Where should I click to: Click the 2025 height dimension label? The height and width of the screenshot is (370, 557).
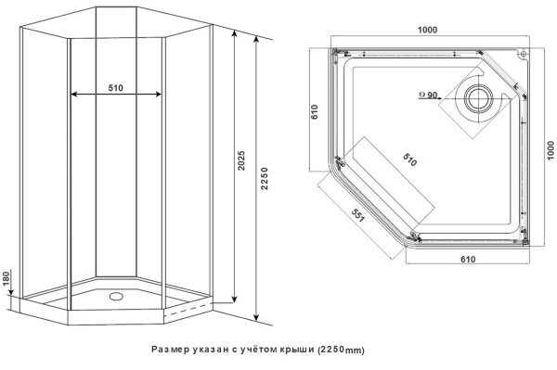[241, 165]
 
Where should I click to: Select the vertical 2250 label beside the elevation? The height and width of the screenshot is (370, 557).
[265, 176]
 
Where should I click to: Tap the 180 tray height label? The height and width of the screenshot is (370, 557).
[6, 279]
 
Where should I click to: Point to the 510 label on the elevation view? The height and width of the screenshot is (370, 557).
[115, 87]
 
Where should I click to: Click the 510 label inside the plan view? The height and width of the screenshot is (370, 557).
[410, 159]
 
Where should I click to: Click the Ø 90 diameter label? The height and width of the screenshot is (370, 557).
[430, 94]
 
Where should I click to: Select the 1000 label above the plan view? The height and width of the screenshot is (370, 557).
[428, 30]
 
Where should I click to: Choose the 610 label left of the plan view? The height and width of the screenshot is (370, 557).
[314, 113]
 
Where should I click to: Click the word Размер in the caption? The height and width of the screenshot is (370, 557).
[170, 350]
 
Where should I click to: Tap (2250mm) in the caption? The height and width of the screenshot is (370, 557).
[341, 350]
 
